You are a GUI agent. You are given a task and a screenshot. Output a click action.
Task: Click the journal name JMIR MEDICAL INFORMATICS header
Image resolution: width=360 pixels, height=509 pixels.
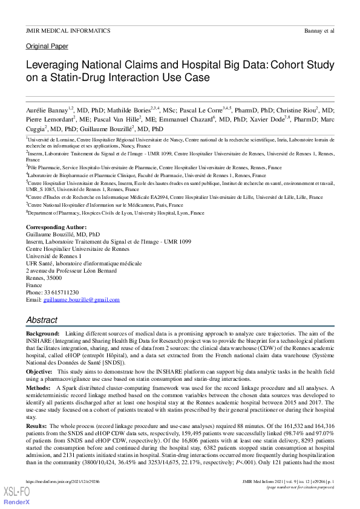coord(64,30)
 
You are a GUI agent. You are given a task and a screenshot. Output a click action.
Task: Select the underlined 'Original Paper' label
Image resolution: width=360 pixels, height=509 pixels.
coord(47,47)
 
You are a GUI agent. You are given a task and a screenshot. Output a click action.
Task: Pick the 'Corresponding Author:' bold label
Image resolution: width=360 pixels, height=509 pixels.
coord(52,227)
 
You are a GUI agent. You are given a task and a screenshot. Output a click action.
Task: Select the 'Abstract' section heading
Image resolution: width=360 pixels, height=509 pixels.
coord(42,319)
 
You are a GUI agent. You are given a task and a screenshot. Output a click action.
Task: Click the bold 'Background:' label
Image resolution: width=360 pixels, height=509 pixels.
coord(43,334)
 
